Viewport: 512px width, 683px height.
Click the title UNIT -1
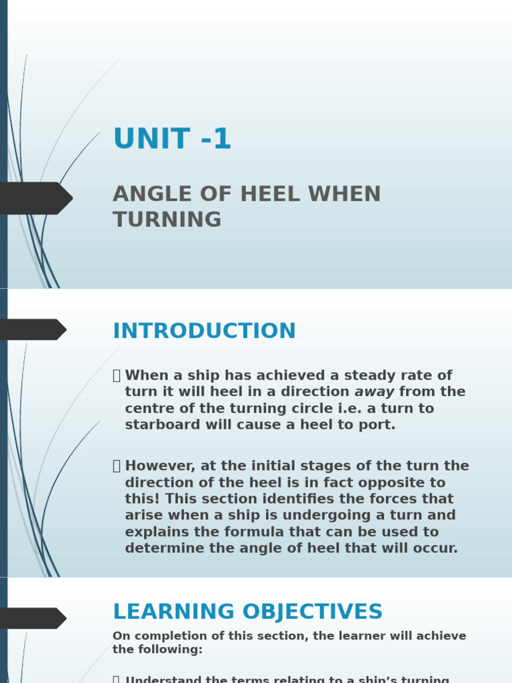[x=172, y=139]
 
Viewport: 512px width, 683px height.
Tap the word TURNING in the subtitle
[x=167, y=219]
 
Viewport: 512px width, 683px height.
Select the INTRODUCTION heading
[x=204, y=331]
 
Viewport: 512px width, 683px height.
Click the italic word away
[x=374, y=392]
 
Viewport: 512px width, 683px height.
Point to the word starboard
[x=158, y=425]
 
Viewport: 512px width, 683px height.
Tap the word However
[x=159, y=466]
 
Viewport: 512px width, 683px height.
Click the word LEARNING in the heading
[x=170, y=612]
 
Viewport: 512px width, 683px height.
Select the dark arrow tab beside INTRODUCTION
[x=32, y=329]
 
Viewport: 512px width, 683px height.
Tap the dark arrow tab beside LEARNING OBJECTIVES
[x=32, y=618]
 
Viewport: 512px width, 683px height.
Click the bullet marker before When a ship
[x=117, y=376]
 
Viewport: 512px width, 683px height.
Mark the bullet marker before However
[x=117, y=467]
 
